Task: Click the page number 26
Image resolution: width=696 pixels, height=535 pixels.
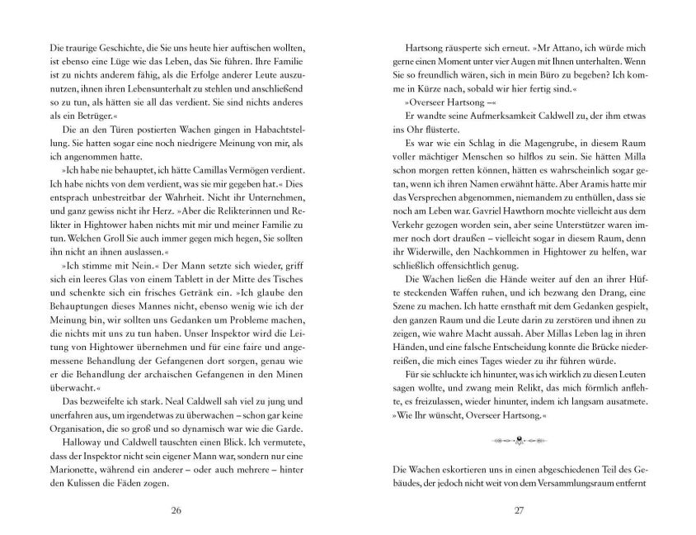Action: (x=174, y=510)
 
